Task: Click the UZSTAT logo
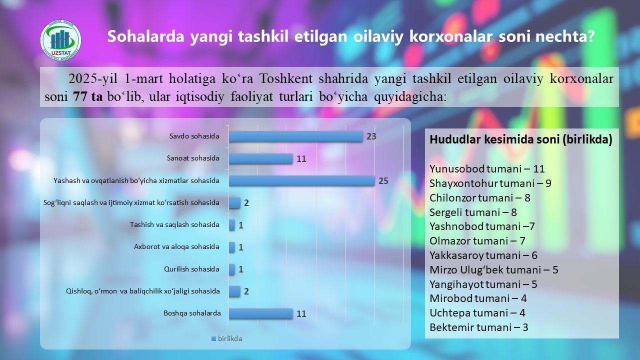coord(61,40)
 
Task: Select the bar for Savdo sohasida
coord(295,136)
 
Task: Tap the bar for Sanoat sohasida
coord(261,158)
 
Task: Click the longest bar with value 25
coord(301,181)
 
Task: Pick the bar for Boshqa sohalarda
coord(261,313)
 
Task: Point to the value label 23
coord(371,136)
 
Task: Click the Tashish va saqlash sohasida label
coord(174,224)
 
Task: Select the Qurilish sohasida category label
coord(191,269)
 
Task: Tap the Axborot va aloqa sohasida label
coord(176,246)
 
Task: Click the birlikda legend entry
coord(227,338)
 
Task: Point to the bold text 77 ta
coord(87,97)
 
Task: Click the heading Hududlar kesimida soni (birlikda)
coord(521,139)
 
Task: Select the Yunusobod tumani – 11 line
coord(487,169)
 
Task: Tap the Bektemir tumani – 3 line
coord(479,327)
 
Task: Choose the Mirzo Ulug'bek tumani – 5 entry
coord(493,269)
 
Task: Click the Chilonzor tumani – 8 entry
coord(479,197)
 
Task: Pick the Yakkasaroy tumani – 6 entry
coord(483,255)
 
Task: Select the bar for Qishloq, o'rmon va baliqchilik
coord(234,291)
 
